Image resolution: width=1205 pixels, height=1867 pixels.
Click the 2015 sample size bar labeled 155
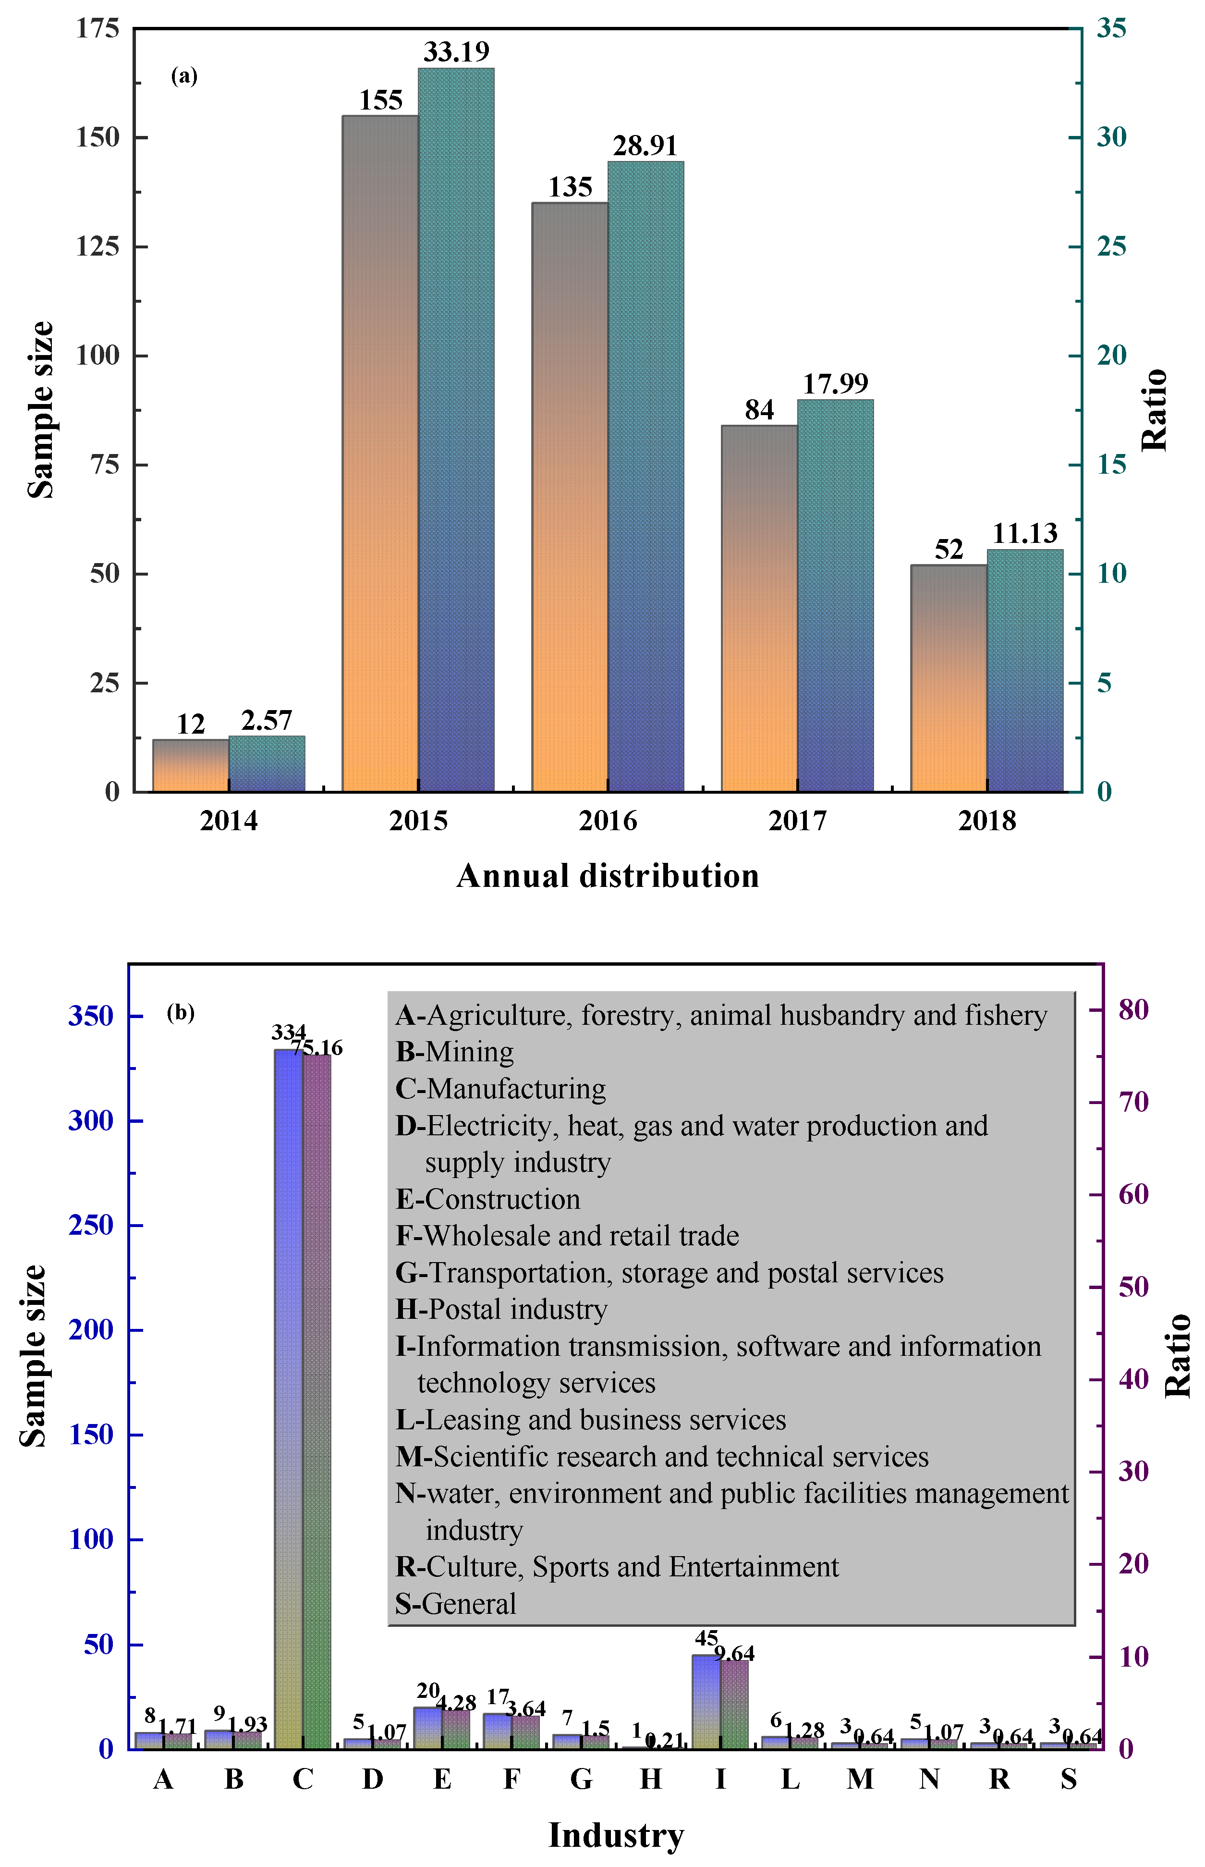(380, 454)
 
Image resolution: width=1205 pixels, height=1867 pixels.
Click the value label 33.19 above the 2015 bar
(456, 52)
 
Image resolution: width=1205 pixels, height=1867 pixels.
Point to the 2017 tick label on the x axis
(797, 821)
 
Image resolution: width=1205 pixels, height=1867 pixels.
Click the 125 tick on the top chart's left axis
(97, 246)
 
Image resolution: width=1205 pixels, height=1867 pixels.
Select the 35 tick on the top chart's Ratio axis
(1111, 28)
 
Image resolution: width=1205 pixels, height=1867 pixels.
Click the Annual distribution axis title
(608, 876)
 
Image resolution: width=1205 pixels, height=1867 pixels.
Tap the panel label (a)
(184, 76)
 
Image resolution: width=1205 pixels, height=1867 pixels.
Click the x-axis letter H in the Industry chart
(650, 1780)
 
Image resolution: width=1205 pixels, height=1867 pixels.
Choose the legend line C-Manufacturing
(501, 1089)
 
